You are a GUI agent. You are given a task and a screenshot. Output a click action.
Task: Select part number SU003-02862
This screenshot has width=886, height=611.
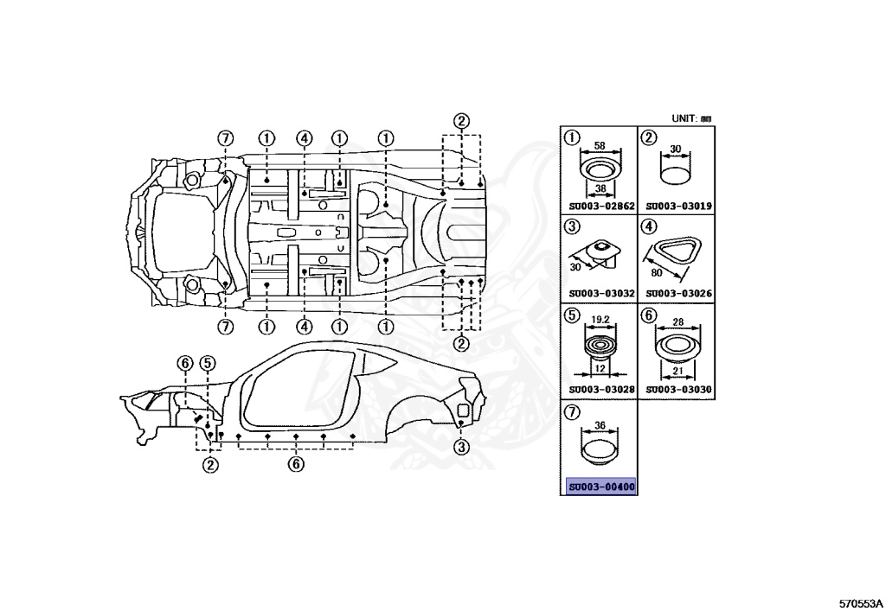[x=601, y=207]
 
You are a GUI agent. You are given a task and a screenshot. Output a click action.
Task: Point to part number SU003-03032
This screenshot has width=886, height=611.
[x=601, y=293]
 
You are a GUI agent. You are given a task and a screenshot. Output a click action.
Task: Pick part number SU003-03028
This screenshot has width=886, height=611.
[x=601, y=390]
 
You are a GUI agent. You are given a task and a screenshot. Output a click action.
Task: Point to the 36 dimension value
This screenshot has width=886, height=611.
[x=599, y=426]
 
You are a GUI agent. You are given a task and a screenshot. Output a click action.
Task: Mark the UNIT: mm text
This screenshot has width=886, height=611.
[x=691, y=118]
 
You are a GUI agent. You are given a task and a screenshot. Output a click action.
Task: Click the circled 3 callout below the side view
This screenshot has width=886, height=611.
[x=461, y=447]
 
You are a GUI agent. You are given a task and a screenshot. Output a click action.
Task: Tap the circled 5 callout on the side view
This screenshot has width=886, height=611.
[x=208, y=363]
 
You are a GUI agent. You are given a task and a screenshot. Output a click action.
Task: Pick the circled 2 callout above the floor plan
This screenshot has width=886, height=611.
[x=462, y=121]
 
